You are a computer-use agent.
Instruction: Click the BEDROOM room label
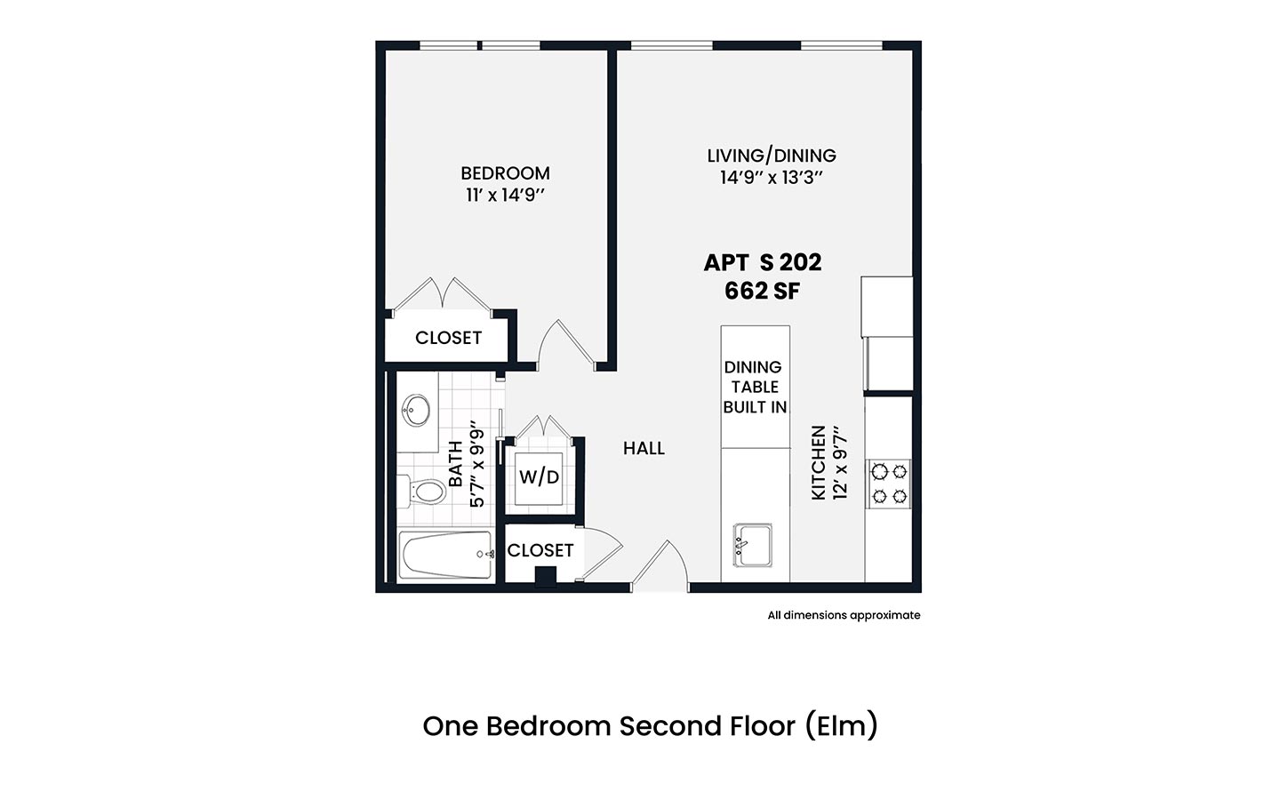505,173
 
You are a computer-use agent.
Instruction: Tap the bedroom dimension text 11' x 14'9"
505,196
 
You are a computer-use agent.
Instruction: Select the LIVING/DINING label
772,156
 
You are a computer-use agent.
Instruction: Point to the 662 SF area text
763,291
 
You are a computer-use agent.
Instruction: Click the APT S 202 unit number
763,263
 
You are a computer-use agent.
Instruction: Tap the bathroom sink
416,410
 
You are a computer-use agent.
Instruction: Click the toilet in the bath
423,492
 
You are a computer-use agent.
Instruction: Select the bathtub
445,556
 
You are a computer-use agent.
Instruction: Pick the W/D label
539,476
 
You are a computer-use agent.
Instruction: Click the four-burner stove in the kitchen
889,484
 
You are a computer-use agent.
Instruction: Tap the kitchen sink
753,545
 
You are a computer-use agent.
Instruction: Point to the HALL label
644,449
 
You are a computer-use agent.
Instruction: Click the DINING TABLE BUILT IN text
755,387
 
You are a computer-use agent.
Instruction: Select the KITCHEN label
819,463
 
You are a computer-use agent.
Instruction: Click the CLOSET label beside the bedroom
449,338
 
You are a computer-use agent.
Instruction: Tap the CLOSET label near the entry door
540,550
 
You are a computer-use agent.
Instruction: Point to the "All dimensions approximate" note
844,615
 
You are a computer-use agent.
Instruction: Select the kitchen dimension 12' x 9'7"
839,463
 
